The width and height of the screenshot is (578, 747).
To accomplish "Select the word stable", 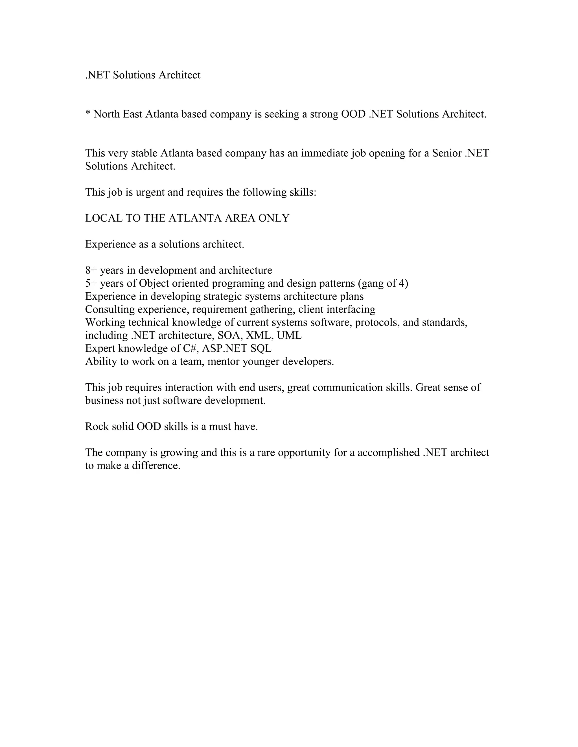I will pos(144,153).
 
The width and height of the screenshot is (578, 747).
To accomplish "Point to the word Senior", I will pos(446,153).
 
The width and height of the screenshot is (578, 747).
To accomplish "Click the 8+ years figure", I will pos(91,271).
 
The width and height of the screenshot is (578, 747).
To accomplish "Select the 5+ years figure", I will pos(91,284).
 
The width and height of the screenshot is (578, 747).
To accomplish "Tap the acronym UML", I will pos(289,335).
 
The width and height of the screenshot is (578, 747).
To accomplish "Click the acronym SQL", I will pos(261,348).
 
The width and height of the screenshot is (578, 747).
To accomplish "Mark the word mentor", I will pos(223,362).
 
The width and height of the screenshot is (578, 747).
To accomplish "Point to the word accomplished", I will pos(388,453).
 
